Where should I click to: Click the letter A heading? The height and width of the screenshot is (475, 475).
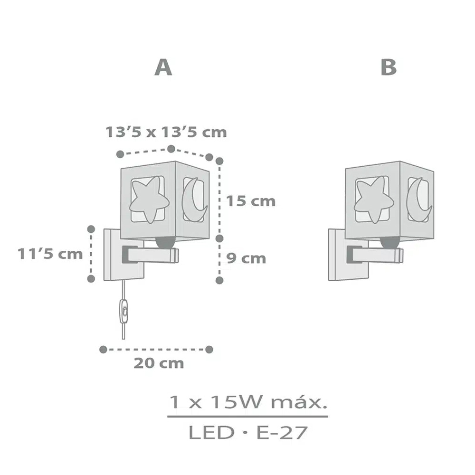click(x=163, y=67)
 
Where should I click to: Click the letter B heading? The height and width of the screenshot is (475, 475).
click(x=389, y=67)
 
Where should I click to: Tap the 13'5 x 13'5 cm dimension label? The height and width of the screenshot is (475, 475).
click(x=166, y=133)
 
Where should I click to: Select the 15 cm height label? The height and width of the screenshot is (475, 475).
click(x=251, y=201)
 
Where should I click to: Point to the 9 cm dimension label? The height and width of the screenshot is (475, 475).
click(x=246, y=258)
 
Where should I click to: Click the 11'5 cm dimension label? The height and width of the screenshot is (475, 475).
click(x=50, y=254)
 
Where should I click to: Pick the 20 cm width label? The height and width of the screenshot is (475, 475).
click(x=159, y=363)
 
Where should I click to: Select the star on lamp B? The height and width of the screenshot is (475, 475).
click(x=374, y=199)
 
